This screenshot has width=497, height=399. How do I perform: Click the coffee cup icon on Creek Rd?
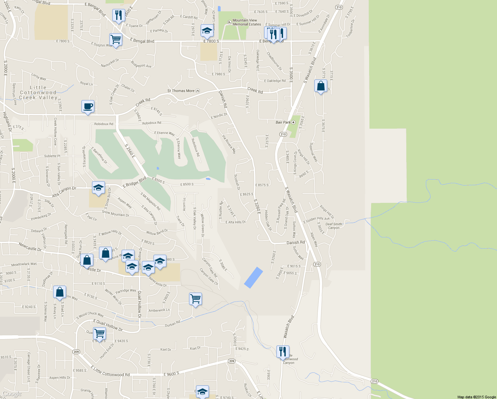(x=88, y=106)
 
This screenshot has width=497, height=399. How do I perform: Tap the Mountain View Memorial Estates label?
(x=247, y=22)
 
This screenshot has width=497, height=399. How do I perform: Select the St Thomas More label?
(x=181, y=91)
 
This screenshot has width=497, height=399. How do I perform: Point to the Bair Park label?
(x=283, y=122)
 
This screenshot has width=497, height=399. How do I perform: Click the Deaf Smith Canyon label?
(x=334, y=226)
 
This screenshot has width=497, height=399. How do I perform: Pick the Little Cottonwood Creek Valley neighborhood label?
(x=38, y=92)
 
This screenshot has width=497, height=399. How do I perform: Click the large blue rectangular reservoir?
(x=253, y=278)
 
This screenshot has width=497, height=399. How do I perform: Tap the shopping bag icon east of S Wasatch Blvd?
(x=321, y=86)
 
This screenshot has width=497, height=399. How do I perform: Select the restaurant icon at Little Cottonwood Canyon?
(x=282, y=351)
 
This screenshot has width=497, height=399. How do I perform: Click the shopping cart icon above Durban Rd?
(x=195, y=299)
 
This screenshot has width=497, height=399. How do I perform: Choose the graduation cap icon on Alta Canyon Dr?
(x=98, y=188)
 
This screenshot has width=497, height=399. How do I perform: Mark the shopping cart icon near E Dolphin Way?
(x=116, y=39)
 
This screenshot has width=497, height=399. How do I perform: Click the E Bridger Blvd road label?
(x=135, y=182)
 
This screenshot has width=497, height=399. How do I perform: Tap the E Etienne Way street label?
(x=164, y=133)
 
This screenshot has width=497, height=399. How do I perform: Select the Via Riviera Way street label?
(x=229, y=144)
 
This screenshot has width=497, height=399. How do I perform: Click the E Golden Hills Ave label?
(x=317, y=220)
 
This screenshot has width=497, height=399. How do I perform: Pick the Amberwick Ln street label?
(x=159, y=310)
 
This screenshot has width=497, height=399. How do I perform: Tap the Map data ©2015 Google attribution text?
(x=476, y=397)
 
